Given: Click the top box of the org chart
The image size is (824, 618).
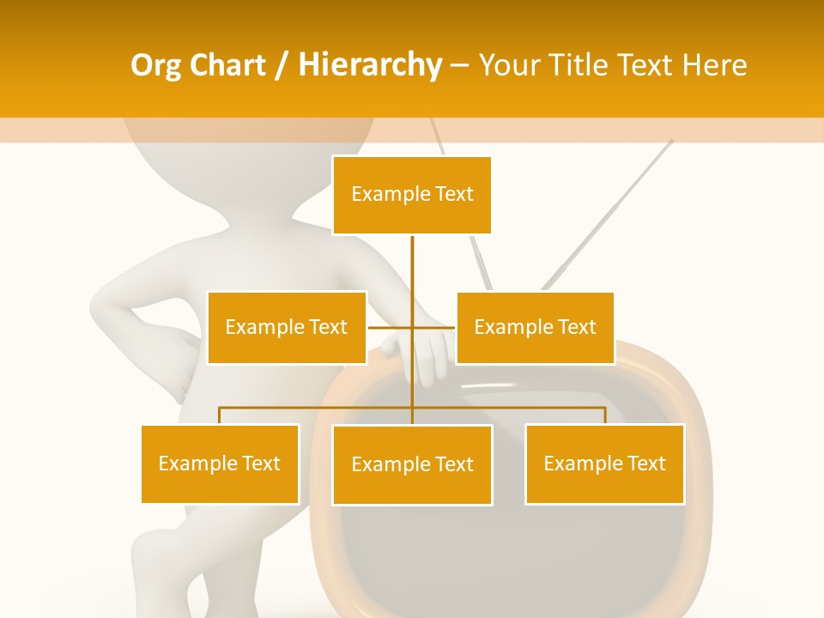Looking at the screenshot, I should [x=412, y=195].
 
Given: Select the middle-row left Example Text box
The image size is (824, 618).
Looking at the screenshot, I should [x=287, y=327].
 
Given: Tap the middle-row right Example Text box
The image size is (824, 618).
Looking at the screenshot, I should [x=535, y=327].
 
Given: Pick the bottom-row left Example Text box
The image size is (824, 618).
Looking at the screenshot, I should [x=220, y=463].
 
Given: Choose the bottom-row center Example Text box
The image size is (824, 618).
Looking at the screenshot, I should [x=412, y=464].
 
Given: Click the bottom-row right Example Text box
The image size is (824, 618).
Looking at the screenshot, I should [x=604, y=463].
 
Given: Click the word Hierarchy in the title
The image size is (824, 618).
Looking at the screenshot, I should [x=370, y=65].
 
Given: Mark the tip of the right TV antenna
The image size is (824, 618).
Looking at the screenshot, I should [x=671, y=141].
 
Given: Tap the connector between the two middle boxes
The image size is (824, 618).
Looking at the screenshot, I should [x=412, y=327].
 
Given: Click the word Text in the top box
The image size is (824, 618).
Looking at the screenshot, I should [x=454, y=194].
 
